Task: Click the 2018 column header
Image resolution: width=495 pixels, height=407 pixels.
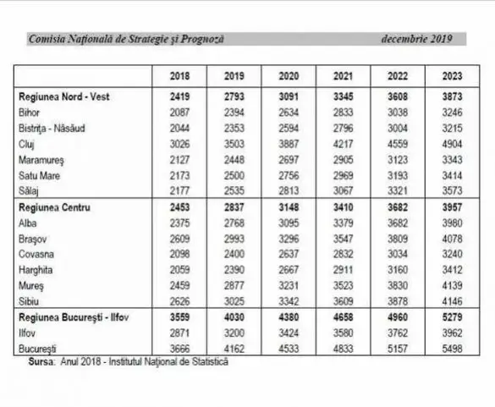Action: click(x=179, y=76)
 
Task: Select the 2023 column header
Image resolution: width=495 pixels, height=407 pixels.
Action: click(x=452, y=76)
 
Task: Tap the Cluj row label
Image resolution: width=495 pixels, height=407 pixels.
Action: click(x=26, y=145)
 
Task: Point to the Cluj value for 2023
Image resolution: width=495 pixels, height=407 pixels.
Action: click(x=452, y=144)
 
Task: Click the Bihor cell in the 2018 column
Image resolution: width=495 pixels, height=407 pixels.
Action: click(x=179, y=113)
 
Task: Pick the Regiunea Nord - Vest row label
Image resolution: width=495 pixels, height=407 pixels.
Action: click(x=64, y=96)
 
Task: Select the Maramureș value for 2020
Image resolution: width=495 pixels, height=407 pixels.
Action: click(x=289, y=160)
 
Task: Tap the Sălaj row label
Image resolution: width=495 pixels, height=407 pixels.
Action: click(x=29, y=191)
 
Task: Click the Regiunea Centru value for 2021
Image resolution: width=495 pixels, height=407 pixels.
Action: click(x=344, y=207)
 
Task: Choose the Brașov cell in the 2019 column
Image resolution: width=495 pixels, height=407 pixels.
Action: click(x=234, y=239)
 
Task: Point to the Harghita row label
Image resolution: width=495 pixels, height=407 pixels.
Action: click(x=36, y=270)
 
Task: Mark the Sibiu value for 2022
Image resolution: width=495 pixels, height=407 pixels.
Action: click(x=398, y=301)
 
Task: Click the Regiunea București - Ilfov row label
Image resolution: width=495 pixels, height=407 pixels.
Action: click(x=74, y=317)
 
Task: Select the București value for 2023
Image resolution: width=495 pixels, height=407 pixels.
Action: click(x=452, y=349)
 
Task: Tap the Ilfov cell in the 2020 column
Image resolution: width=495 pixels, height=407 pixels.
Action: click(x=289, y=333)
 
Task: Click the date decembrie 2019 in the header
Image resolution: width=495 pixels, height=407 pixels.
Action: click(x=416, y=39)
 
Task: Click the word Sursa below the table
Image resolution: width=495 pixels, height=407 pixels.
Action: click(x=41, y=361)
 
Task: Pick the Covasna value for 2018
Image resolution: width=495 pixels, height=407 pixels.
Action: click(x=179, y=254)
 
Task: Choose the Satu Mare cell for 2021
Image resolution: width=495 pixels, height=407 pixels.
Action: click(x=344, y=175)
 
